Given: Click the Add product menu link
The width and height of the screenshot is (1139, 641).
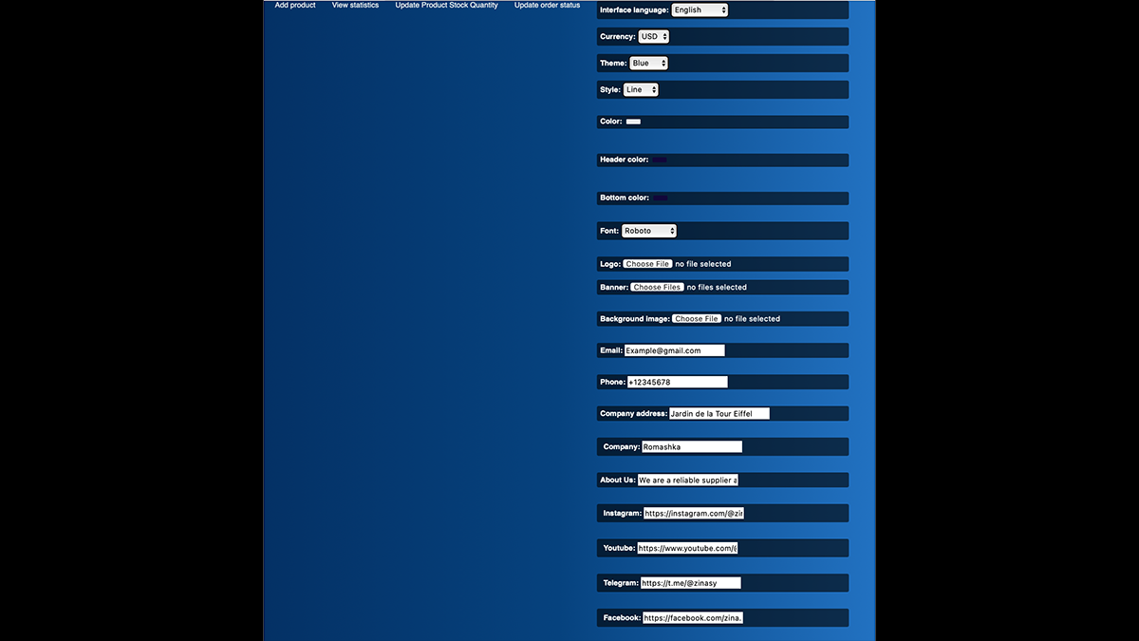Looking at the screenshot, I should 295,6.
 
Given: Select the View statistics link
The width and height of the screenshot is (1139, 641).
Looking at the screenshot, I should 355,6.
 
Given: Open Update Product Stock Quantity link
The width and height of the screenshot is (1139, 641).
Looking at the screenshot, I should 446,6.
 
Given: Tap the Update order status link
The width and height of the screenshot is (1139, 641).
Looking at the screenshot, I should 547,6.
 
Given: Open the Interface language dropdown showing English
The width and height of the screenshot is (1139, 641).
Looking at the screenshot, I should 700,10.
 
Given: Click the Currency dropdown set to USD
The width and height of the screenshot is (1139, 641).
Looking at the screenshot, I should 653,37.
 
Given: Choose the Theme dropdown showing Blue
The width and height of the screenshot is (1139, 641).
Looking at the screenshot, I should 648,64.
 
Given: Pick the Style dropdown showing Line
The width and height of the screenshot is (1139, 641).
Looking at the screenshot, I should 641,90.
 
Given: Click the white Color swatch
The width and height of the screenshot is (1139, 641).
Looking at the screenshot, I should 633,123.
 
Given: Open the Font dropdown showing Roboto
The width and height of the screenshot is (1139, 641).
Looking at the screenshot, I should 649,231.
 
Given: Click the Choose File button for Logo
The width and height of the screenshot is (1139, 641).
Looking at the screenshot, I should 647,264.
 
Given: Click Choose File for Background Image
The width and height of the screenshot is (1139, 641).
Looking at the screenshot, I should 697,319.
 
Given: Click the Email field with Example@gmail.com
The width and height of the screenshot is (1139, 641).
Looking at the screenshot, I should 674,350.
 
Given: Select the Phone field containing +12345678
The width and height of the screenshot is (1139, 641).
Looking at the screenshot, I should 677,382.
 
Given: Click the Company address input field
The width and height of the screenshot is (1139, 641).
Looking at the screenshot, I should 719,414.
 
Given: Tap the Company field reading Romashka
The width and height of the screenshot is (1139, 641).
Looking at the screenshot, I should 691,446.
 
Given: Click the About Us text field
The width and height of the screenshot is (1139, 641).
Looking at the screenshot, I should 687,481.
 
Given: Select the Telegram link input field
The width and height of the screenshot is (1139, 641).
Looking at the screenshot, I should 690,583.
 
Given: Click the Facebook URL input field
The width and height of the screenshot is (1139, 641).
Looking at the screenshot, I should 693,618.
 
